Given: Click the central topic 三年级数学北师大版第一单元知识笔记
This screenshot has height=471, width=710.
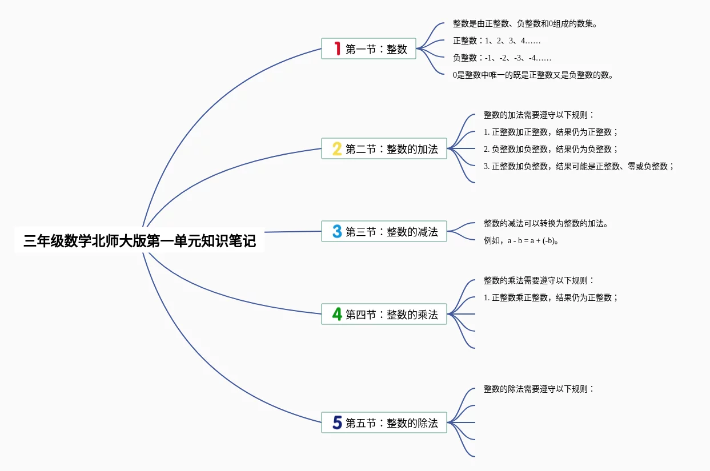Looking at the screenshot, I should pyautogui.click(x=139, y=241).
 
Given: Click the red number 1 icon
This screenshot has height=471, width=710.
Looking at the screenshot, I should pyautogui.click(x=337, y=49).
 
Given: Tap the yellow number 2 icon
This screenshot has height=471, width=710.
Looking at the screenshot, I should pyautogui.click(x=337, y=149).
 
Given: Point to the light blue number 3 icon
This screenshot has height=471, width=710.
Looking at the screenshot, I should pyautogui.click(x=337, y=232).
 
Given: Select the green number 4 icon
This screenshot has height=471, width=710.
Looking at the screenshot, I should pyautogui.click(x=337, y=314).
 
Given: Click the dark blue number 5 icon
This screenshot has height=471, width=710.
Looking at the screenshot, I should pyautogui.click(x=337, y=423).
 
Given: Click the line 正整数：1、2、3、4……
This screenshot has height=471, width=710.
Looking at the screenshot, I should pyautogui.click(x=496, y=41).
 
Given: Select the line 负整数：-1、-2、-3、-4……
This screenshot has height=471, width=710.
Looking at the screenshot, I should pyautogui.click(x=502, y=58).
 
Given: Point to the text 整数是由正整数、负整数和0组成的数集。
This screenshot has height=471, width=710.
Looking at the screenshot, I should pyautogui.click(x=525, y=24).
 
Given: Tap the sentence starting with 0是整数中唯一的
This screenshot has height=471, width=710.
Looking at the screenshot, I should pyautogui.click(x=533, y=75).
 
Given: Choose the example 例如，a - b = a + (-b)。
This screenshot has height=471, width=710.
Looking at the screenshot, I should pyautogui.click(x=521, y=241).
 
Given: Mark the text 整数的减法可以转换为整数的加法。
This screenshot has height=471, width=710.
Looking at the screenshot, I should pyautogui.click(x=546, y=224).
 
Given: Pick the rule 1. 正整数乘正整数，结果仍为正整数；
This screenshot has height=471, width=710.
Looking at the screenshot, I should pyautogui.click(x=551, y=298).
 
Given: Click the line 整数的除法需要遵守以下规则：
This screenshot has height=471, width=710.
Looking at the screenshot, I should pyautogui.click(x=539, y=389).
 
